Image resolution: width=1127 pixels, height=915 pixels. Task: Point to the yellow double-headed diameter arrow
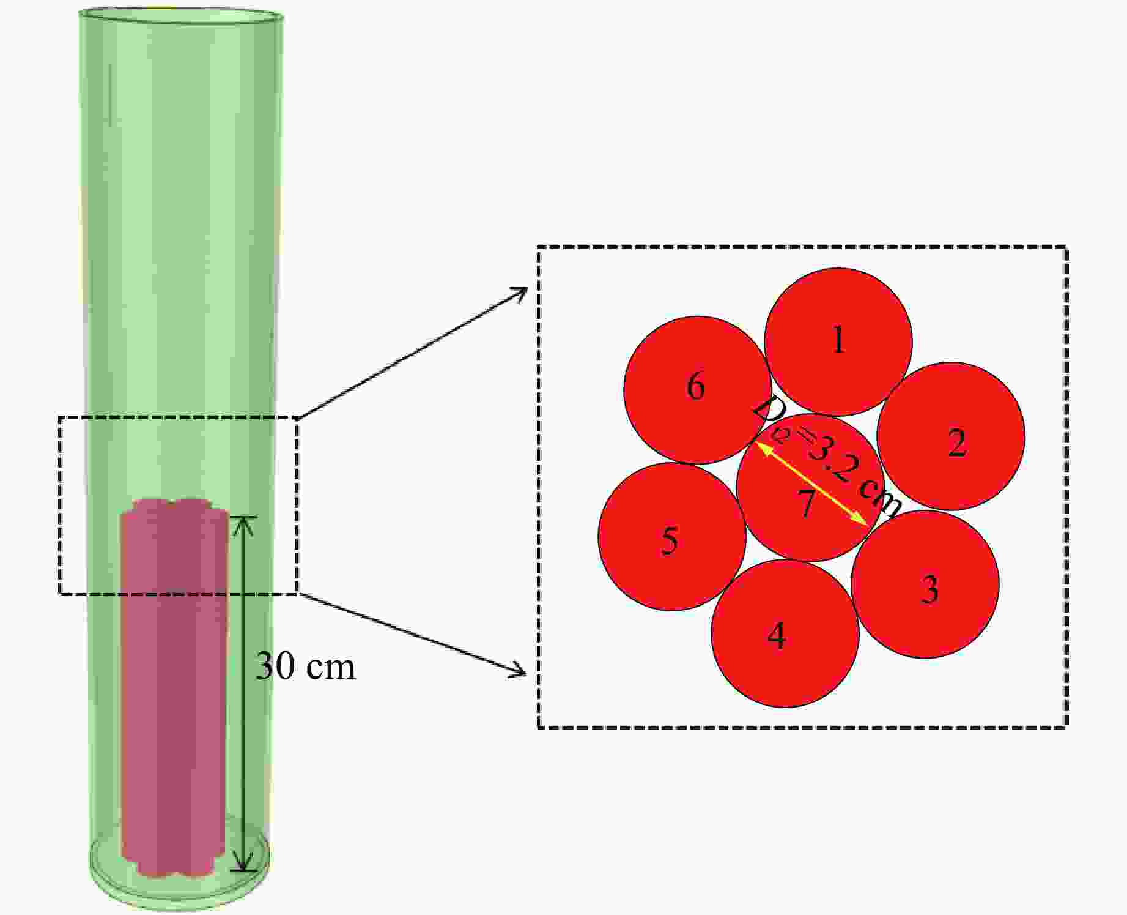[x=813, y=484]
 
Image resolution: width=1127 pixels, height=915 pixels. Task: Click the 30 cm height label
[x=305, y=666]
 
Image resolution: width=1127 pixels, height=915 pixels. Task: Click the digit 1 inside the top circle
[x=839, y=339]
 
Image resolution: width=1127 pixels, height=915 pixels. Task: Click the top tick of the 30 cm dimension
[x=244, y=518]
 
